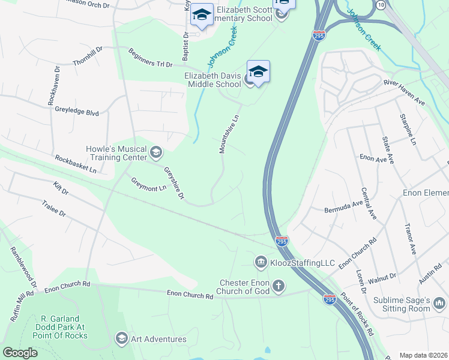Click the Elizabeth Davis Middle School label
point(212,80)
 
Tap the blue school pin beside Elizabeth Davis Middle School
point(258,72)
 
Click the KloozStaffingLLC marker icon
point(261,262)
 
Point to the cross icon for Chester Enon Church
point(278,286)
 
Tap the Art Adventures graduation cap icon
point(122,339)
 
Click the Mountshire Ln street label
point(229,134)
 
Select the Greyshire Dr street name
point(173,184)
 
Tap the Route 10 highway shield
point(381,4)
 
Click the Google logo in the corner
point(20,352)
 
